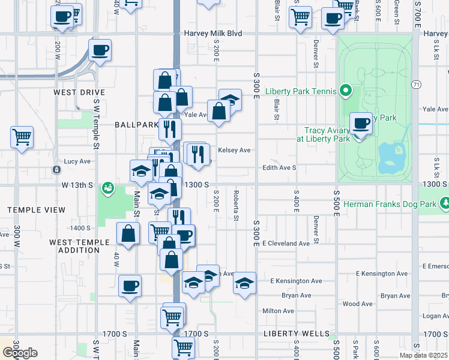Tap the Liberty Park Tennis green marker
tap(345, 91)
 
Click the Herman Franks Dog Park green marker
tap(444, 204)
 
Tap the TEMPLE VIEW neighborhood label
tap(37, 210)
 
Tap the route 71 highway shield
tap(415, 85)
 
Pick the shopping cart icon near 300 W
tap(22, 137)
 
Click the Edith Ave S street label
tap(279, 167)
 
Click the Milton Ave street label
tap(278, 311)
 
